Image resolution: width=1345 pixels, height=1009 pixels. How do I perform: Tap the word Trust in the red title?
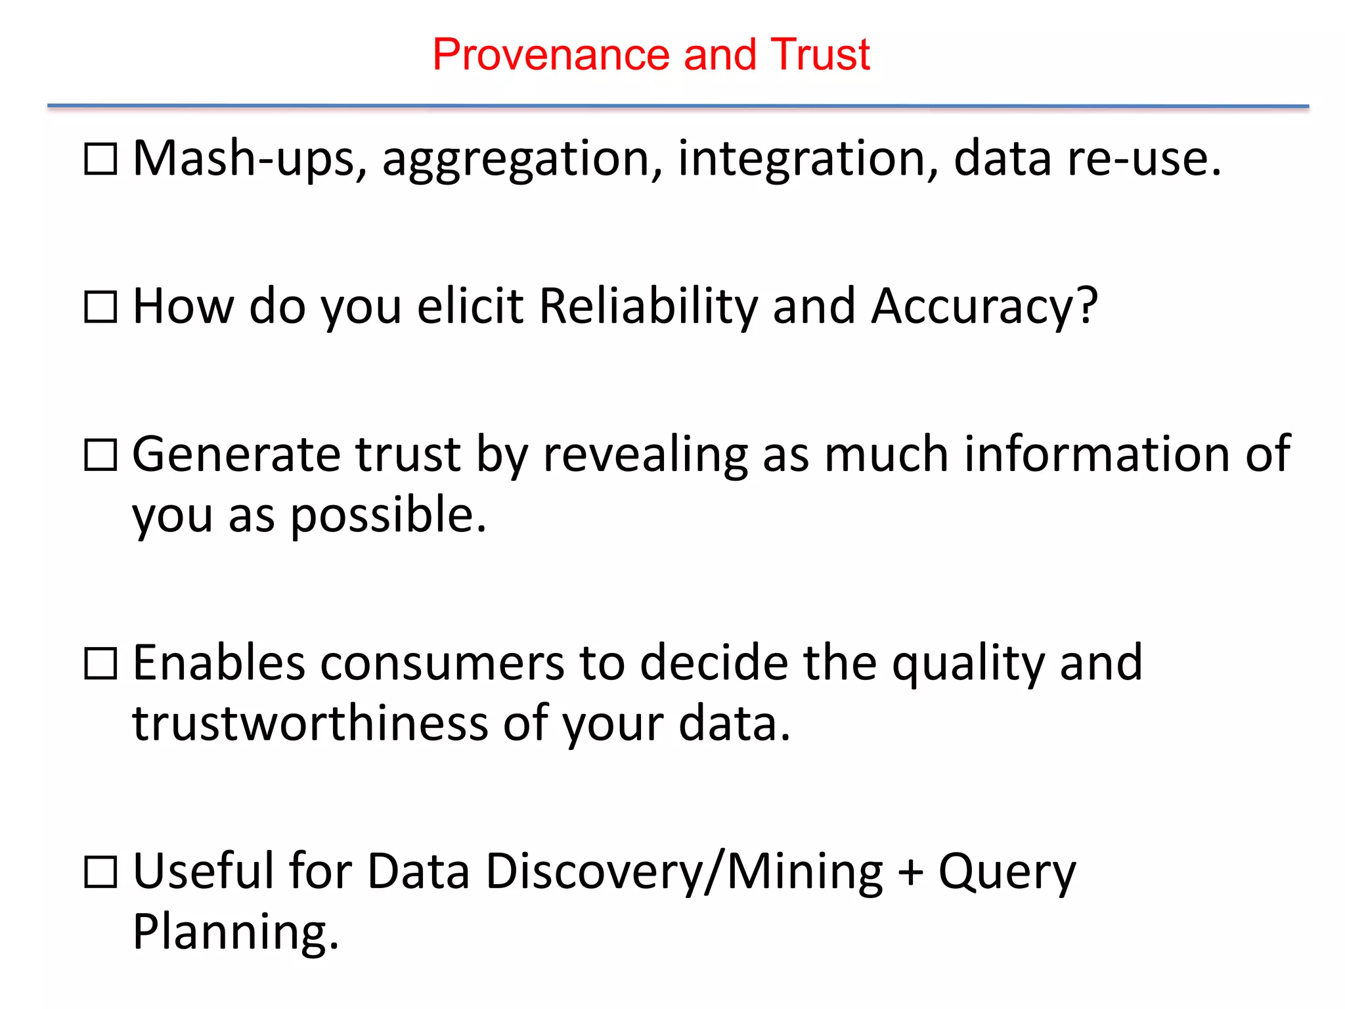(x=820, y=55)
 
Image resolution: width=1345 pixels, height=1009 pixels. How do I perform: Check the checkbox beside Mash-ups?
(x=101, y=159)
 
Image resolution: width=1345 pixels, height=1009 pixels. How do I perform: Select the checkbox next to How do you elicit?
(x=101, y=307)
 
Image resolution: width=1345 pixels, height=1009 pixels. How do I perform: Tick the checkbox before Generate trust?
(x=101, y=455)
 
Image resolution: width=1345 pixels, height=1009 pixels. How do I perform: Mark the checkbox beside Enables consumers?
(x=101, y=663)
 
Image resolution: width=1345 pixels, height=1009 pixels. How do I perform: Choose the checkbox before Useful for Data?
(x=101, y=872)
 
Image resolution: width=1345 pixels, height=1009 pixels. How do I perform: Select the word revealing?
(x=645, y=455)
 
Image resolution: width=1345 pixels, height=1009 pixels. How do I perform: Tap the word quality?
(x=967, y=663)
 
